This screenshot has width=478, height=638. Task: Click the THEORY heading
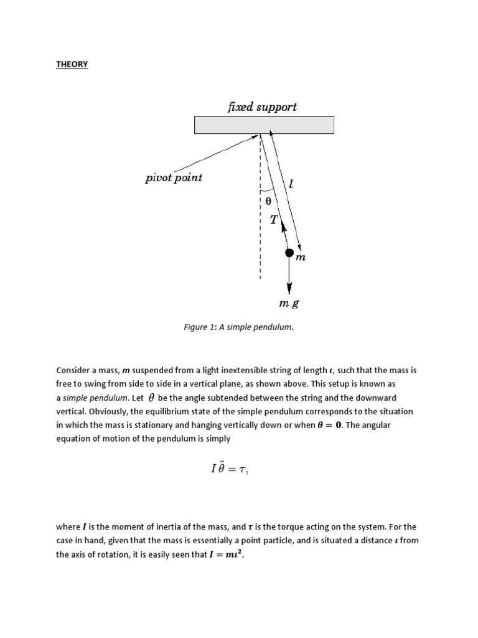(72, 64)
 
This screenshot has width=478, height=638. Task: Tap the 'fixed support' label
(262, 107)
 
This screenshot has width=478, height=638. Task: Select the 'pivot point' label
(174, 178)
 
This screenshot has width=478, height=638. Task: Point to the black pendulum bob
(289, 252)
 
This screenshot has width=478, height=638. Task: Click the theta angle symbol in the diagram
(268, 201)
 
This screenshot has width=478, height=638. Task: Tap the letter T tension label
(274, 219)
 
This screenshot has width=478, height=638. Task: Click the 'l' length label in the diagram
(291, 184)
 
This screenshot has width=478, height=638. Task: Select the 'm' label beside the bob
(301, 257)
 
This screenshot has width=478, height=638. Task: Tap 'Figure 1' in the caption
(199, 328)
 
